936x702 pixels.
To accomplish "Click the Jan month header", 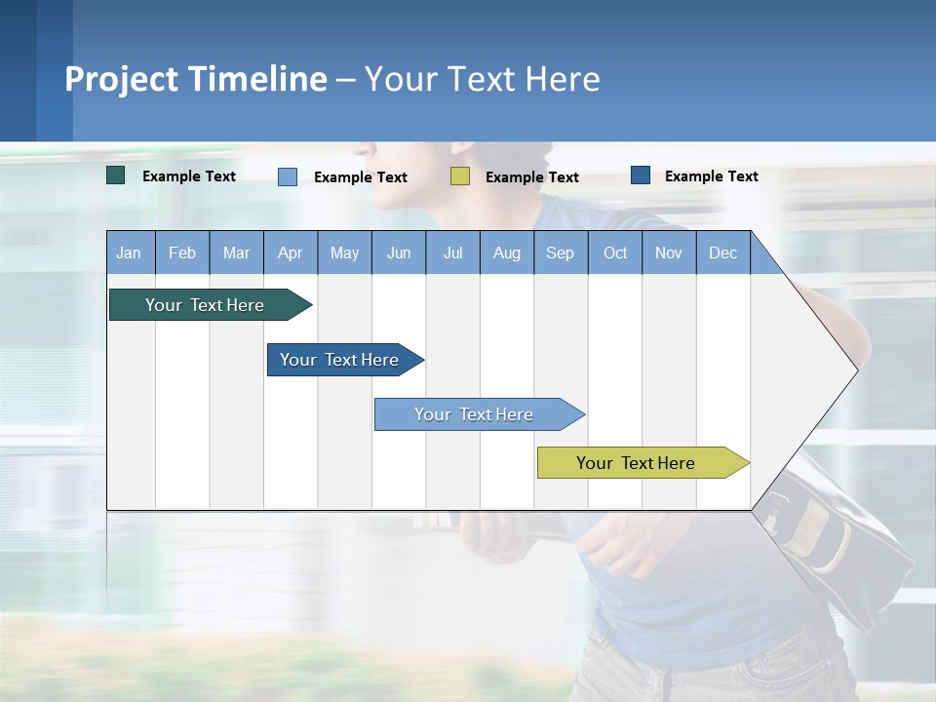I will pos(130,253).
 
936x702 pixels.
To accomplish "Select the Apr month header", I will pos(291,253).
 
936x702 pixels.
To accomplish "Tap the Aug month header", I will pos(507,253).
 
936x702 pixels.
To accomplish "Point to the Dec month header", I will pos(723,253).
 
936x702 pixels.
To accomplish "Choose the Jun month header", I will pos(399,253).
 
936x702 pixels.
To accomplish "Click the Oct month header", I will pos(615,253).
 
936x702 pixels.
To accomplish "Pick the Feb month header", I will pos(182,253).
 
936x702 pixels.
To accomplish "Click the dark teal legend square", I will pos(116,175).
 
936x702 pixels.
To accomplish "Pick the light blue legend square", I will pos(288,176).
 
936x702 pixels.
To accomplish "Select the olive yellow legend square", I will pos(460,176).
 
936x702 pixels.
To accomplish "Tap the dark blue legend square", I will pos(641,175).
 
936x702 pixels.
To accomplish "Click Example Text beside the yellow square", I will pos(531,177).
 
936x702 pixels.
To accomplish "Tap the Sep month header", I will pos(561,253).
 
